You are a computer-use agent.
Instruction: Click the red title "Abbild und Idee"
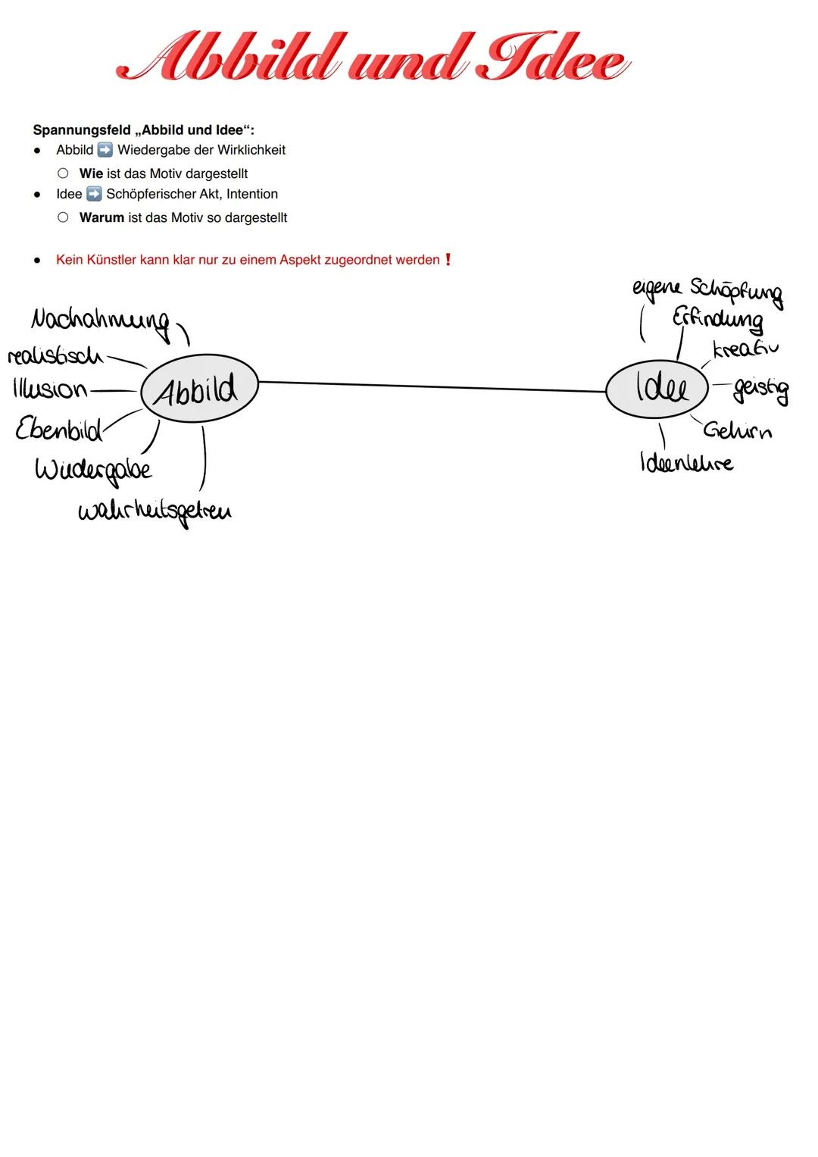pyautogui.click(x=373, y=57)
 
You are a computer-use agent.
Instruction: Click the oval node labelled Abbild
pyautogui.click(x=199, y=389)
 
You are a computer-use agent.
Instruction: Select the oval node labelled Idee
pyautogui.click(x=657, y=388)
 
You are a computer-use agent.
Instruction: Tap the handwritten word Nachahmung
pyautogui.click(x=100, y=321)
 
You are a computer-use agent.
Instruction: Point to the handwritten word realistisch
pyautogui.click(x=55, y=355)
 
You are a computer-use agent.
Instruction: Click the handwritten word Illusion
pyautogui.click(x=50, y=389)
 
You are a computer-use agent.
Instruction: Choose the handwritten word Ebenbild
pyautogui.click(x=59, y=429)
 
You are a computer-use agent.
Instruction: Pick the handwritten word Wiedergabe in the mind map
pyautogui.click(x=93, y=470)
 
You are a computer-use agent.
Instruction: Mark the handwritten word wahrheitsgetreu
pyautogui.click(x=155, y=511)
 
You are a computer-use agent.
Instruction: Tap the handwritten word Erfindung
pyautogui.click(x=717, y=319)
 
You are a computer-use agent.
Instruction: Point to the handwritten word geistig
pyautogui.click(x=760, y=389)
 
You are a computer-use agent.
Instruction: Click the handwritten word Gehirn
pyautogui.click(x=737, y=430)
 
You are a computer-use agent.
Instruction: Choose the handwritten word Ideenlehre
pyautogui.click(x=686, y=461)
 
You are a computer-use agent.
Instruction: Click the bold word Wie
pyautogui.click(x=91, y=174)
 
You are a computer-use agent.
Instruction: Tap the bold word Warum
pyautogui.click(x=101, y=217)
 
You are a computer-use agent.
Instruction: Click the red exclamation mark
pyautogui.click(x=448, y=260)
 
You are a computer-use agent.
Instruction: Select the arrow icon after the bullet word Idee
pyautogui.click(x=94, y=194)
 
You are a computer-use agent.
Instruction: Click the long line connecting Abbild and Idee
pyautogui.click(x=432, y=386)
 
